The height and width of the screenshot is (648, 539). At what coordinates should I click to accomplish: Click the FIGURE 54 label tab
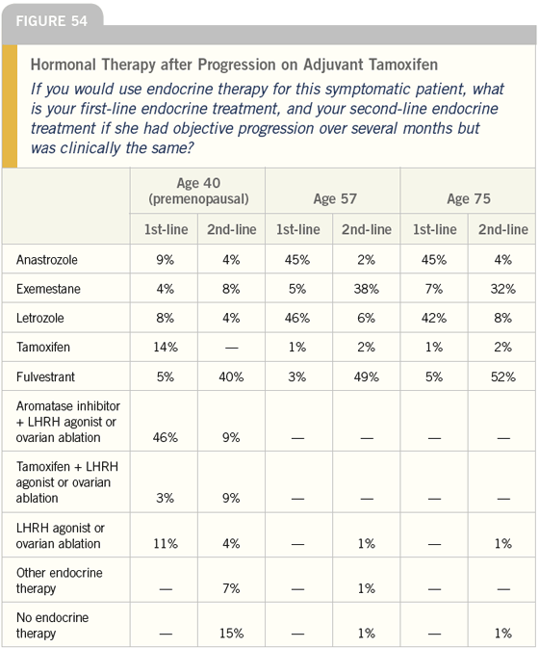coord(52,21)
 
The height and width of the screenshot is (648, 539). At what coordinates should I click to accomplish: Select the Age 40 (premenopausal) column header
coord(198,191)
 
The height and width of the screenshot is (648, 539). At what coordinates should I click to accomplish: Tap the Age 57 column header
coord(335,198)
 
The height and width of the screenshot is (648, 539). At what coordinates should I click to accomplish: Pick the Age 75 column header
coord(469,198)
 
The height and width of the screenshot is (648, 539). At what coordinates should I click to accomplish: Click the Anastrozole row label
coord(46,260)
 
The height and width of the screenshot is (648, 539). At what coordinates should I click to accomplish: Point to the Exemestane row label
coord(48,289)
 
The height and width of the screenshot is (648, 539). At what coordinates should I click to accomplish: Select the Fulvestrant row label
coord(45,376)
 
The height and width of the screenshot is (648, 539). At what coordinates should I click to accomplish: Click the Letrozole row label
coord(40,318)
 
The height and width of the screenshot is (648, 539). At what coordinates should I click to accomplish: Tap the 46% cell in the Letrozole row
coord(297,318)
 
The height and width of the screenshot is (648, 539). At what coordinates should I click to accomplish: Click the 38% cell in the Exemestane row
coord(367,289)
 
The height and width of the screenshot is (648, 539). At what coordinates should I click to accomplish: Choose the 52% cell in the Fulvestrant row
coord(503,376)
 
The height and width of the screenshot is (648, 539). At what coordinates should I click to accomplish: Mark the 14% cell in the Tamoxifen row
coord(166,347)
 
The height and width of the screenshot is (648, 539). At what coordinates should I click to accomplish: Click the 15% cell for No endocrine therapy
coord(231,634)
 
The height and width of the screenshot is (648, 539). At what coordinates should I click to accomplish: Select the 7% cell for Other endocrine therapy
coord(231,588)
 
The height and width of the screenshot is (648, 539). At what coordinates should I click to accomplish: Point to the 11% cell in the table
coord(166,543)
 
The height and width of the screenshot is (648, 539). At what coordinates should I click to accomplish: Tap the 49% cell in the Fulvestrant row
coord(367,376)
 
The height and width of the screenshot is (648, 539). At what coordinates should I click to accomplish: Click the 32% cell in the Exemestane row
coord(503,289)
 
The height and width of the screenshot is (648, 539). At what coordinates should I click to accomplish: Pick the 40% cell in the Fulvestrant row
coord(231,376)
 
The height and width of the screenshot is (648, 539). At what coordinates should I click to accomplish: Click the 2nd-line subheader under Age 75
coord(503,229)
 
